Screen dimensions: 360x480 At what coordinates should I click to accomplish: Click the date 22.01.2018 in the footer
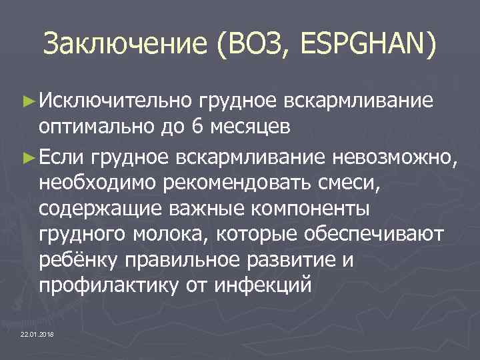[x=38, y=333]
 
